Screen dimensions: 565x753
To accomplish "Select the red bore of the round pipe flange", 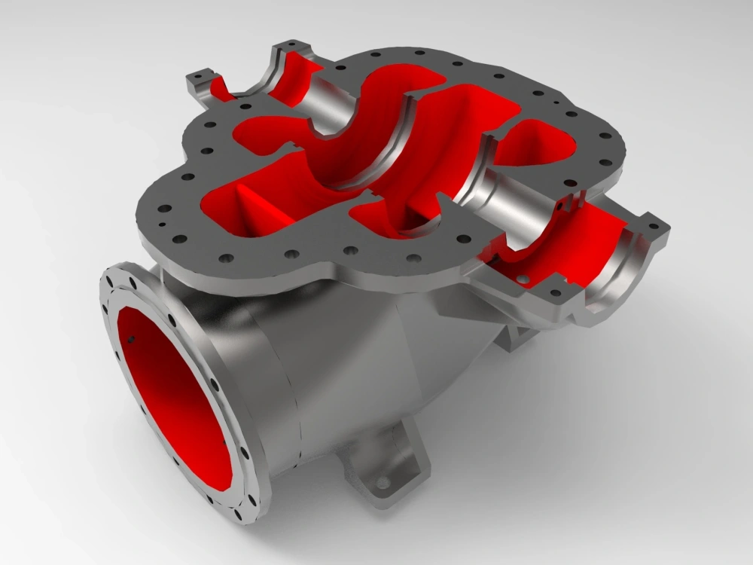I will point(173,399).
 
